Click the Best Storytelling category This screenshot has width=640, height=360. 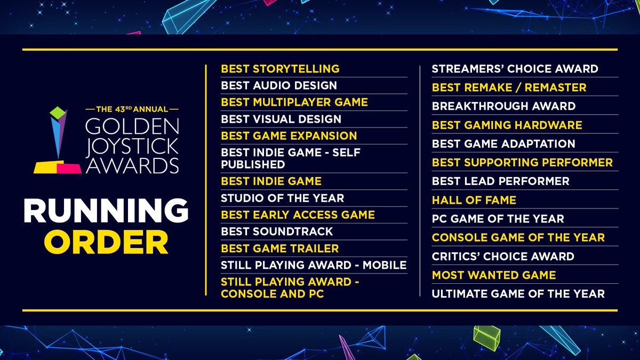[280, 68]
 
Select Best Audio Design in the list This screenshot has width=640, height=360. [279, 85]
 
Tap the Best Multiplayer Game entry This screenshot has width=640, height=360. [294, 102]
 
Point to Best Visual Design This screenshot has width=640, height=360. [281, 119]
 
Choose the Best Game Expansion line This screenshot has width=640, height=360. [289, 135]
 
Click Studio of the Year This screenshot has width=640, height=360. [283, 198]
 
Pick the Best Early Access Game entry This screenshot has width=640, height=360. [298, 214]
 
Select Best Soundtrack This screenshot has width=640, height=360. [277, 231]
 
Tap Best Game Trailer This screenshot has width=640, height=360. [280, 248]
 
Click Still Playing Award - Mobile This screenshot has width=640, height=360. [314, 265]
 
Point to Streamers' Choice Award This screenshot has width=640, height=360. [515, 69]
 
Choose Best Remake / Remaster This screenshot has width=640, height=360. [509, 87]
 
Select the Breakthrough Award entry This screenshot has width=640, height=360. [503, 106]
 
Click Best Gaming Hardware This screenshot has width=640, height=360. [507, 125]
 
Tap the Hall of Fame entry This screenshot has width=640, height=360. [474, 200]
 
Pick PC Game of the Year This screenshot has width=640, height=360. [498, 219]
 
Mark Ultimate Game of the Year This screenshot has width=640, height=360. [518, 293]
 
